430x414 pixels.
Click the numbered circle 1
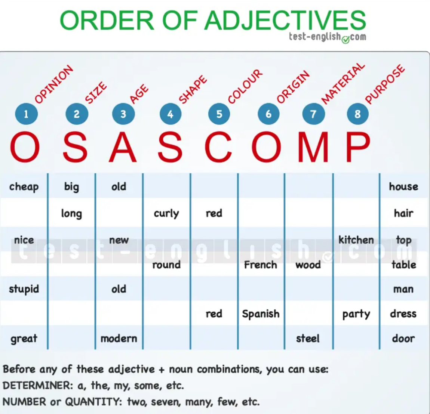26,114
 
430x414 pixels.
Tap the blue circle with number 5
219,114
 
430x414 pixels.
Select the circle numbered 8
357,114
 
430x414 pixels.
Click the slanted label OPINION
54,84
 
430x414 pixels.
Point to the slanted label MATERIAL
343,84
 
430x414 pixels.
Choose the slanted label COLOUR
245,86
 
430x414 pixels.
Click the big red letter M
313,147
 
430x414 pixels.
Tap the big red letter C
218,147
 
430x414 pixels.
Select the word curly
166,213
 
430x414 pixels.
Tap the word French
261,265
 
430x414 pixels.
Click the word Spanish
261,314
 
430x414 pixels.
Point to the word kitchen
356,240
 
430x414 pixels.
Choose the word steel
308,339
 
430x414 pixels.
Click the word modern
119,339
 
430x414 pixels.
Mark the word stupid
24,289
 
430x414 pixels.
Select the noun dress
403,314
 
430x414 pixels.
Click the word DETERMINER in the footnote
38,386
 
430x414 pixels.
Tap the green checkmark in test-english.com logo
345,40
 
